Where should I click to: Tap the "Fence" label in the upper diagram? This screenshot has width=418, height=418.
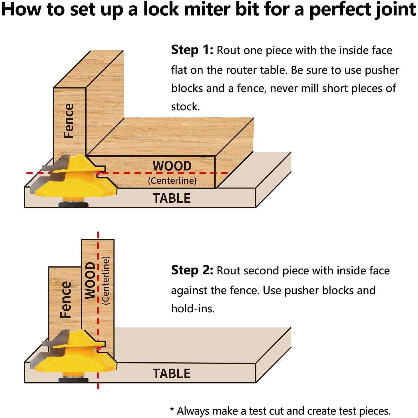[69, 121]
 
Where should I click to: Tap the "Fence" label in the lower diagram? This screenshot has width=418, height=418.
[65, 300]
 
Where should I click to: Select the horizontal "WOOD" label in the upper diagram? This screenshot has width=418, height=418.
[172, 166]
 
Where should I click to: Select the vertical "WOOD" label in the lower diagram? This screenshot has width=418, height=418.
[90, 280]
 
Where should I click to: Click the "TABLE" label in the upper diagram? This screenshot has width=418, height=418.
[172, 198]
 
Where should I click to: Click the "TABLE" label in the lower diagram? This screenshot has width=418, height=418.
[172, 374]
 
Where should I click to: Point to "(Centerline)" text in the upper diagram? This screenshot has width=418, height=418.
[172, 181]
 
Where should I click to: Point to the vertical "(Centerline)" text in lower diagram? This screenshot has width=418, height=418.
[106, 281]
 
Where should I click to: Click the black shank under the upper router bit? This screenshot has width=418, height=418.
[73, 204]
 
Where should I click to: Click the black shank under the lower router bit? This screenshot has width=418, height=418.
[73, 380]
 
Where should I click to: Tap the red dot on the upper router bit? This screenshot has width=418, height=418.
[99, 173]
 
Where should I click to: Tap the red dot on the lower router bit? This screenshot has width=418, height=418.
[99, 349]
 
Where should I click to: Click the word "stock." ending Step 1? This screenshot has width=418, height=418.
[185, 107]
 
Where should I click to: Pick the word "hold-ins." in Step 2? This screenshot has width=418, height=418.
[193, 309]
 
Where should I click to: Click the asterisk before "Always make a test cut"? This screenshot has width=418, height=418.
[172, 410]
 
